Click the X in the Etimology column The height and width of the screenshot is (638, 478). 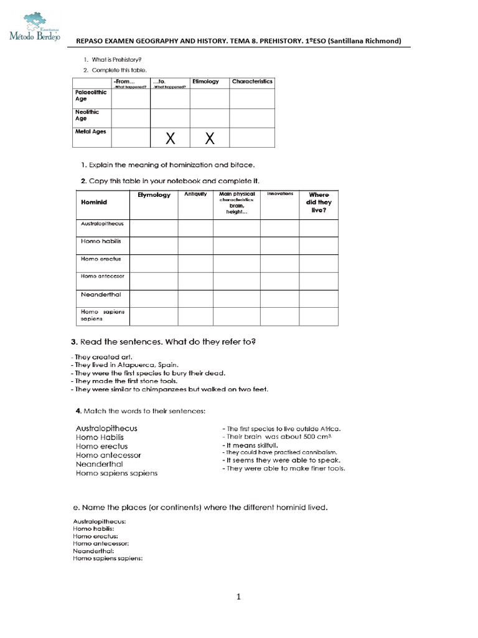(x=210, y=139)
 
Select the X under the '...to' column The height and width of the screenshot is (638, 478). (x=170, y=139)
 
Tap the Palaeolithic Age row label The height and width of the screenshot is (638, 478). (x=91, y=95)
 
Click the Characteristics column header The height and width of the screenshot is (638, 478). (x=252, y=82)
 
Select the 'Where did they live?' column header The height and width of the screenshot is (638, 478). (x=319, y=202)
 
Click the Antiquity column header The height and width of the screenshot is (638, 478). (x=195, y=194)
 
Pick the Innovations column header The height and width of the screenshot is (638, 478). (x=279, y=194)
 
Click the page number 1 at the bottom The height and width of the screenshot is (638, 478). (x=238, y=597)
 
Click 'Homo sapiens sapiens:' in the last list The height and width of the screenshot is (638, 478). (x=108, y=558)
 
